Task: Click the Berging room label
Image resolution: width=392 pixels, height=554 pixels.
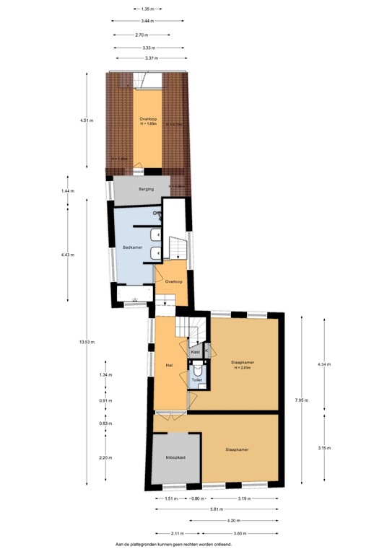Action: pos(137,189)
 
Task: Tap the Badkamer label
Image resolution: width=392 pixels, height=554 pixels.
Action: pos(132,248)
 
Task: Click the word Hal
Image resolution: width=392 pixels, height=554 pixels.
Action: pos(169,366)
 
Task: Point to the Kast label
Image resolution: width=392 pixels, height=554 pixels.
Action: pos(195,351)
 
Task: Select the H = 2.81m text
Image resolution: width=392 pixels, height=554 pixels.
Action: pos(241,368)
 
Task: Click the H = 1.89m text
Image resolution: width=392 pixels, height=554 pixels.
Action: pos(148,123)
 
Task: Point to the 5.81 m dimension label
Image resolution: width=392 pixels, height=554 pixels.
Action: pos(217,509)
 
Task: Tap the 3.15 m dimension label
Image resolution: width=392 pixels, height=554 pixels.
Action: pos(324,447)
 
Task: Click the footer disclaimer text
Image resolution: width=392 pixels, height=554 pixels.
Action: pos(173,545)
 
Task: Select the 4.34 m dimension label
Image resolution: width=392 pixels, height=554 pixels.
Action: pos(324,364)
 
